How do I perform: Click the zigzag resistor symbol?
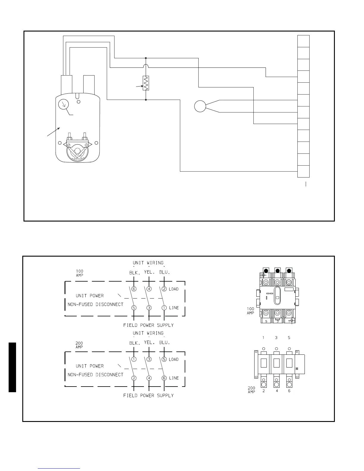click(x=146, y=83)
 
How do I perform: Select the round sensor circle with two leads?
click(x=200, y=106)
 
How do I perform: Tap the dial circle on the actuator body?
click(x=63, y=104)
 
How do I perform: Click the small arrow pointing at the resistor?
click(x=139, y=86)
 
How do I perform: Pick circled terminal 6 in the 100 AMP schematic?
click(x=134, y=289)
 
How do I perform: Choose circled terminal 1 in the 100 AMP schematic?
click(x=164, y=308)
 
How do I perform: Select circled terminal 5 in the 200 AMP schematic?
click(x=164, y=359)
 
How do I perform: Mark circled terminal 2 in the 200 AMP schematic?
click(x=134, y=378)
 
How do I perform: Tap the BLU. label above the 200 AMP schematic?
click(x=164, y=343)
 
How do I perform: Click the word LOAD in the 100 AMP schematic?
click(x=174, y=289)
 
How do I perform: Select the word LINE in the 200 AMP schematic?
click(x=174, y=378)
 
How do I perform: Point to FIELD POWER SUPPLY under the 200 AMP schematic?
click(x=148, y=395)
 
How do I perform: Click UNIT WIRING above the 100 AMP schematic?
click(x=148, y=263)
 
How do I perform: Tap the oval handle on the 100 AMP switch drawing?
click(x=277, y=296)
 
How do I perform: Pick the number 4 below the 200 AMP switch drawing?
click(x=277, y=391)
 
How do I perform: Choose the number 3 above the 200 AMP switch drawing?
click(x=276, y=338)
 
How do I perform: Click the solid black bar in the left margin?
click(x=12, y=367)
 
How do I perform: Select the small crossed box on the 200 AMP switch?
click(x=297, y=369)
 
